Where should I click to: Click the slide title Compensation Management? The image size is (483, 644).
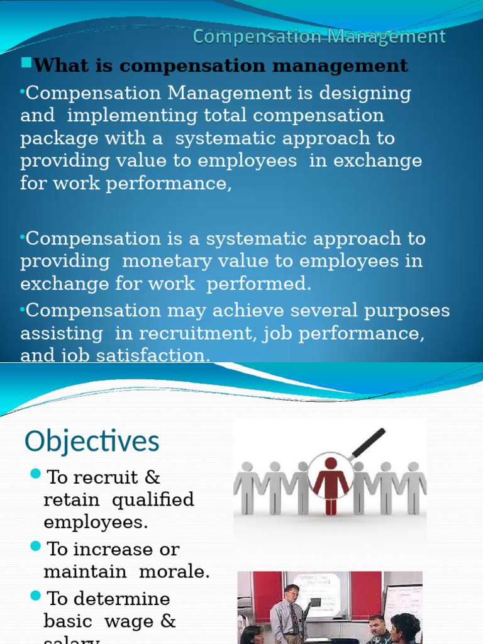tap(319, 37)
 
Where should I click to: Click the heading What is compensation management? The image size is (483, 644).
tap(220, 65)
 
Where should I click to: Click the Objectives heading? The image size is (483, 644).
tap(92, 441)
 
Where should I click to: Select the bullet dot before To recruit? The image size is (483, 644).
tap(35, 473)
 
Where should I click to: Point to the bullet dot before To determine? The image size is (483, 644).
tap(35, 594)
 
